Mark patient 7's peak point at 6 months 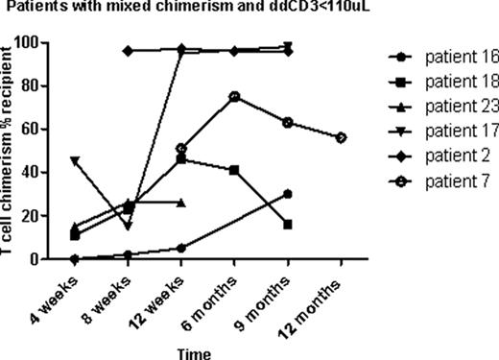point(234,97)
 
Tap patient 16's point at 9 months point(288,194)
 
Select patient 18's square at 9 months point(288,225)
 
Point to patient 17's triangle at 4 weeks point(75,161)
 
